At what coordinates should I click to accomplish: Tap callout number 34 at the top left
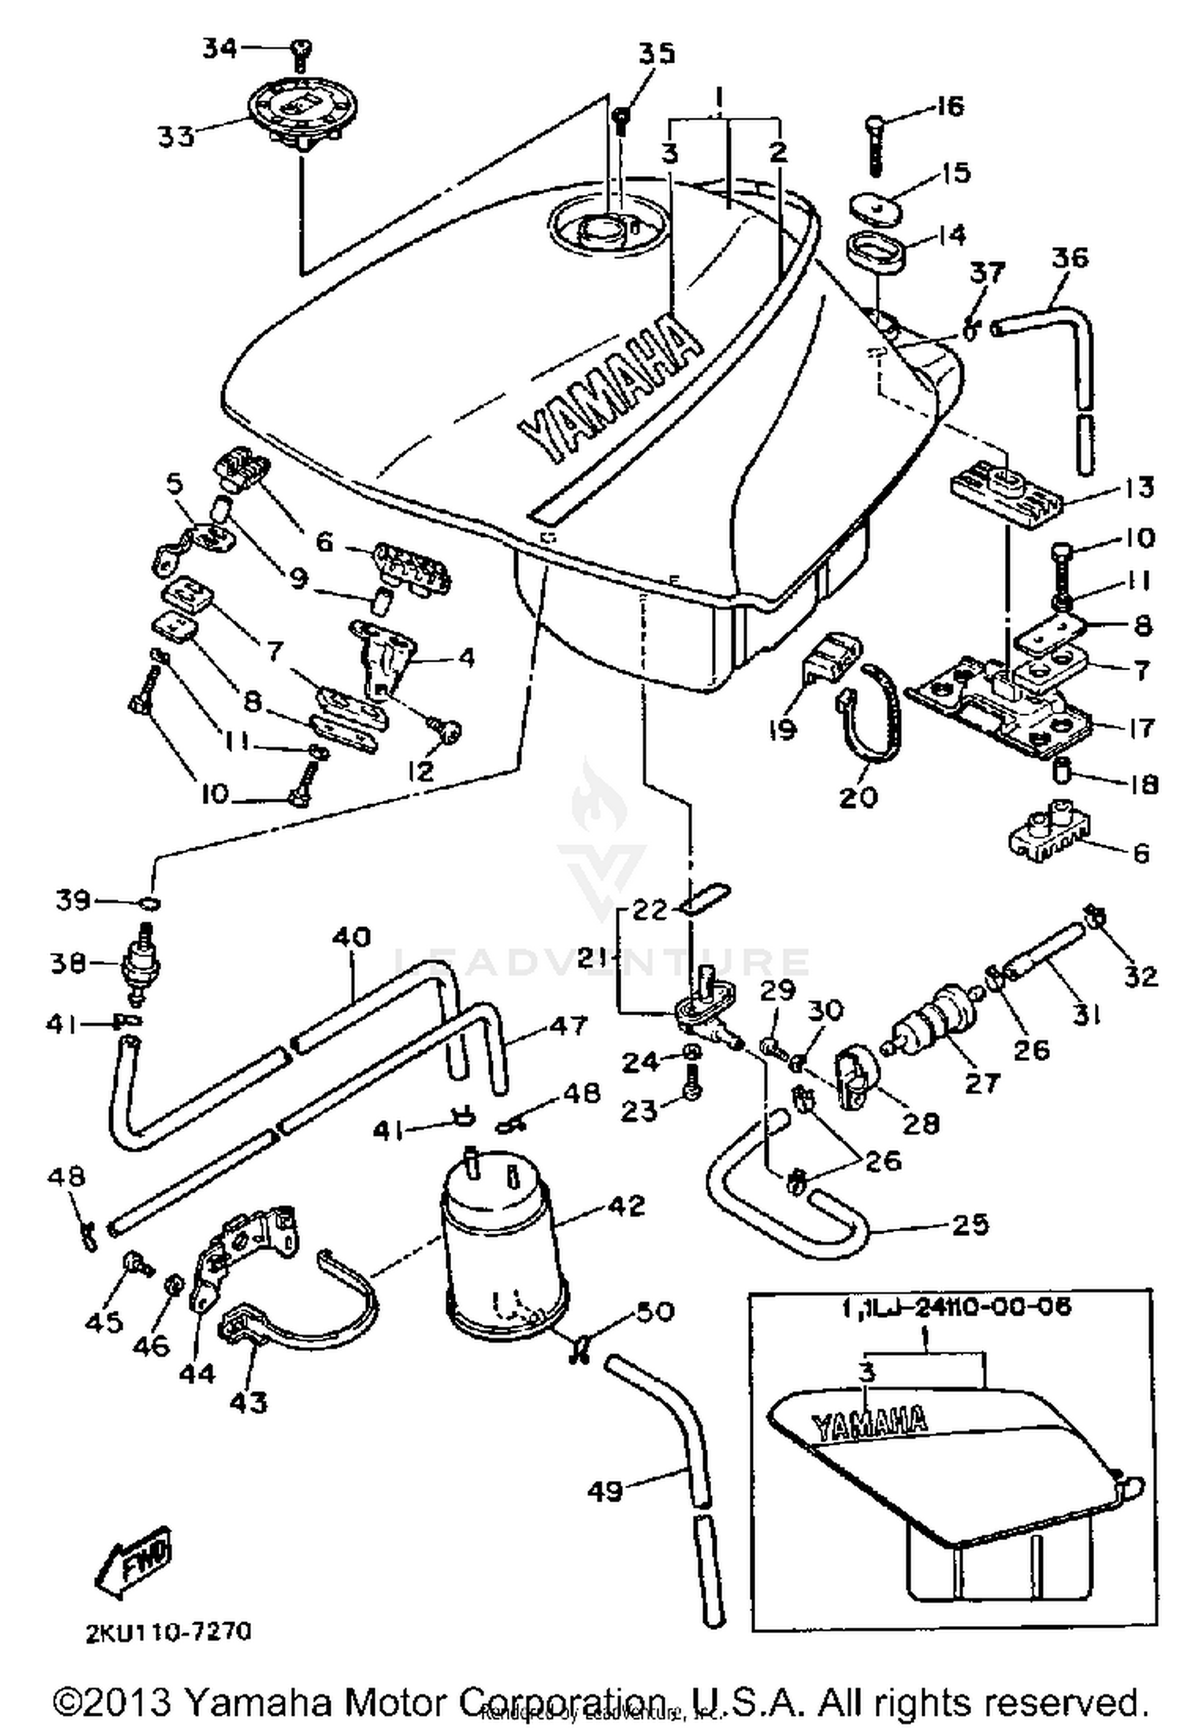218,49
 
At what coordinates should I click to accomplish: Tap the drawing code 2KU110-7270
169,1632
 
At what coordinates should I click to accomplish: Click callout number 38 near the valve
67,962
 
